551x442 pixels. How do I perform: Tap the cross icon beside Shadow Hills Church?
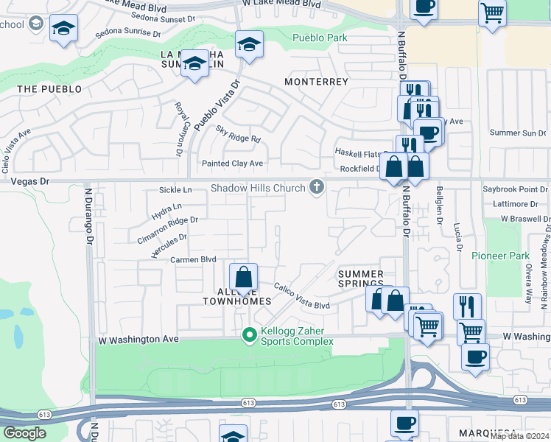tap(317, 188)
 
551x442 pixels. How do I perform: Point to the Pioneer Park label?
tap(500, 256)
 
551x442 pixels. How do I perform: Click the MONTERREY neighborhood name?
tap(316, 82)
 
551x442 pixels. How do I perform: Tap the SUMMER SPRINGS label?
tap(361, 278)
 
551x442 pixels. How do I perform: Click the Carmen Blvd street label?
tap(193, 260)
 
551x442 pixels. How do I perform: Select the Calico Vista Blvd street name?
tap(302, 296)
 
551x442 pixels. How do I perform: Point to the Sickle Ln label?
tap(175, 190)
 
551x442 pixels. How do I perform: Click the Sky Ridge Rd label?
tap(238, 134)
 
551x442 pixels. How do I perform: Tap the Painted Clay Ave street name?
tap(232, 163)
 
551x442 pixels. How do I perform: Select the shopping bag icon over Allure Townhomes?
tap(243, 278)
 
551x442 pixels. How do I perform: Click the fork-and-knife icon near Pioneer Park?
tap(467, 305)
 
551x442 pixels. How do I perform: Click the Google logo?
tap(24, 433)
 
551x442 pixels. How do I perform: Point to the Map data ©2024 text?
tap(519, 436)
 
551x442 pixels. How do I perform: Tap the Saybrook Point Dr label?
tap(515, 189)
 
